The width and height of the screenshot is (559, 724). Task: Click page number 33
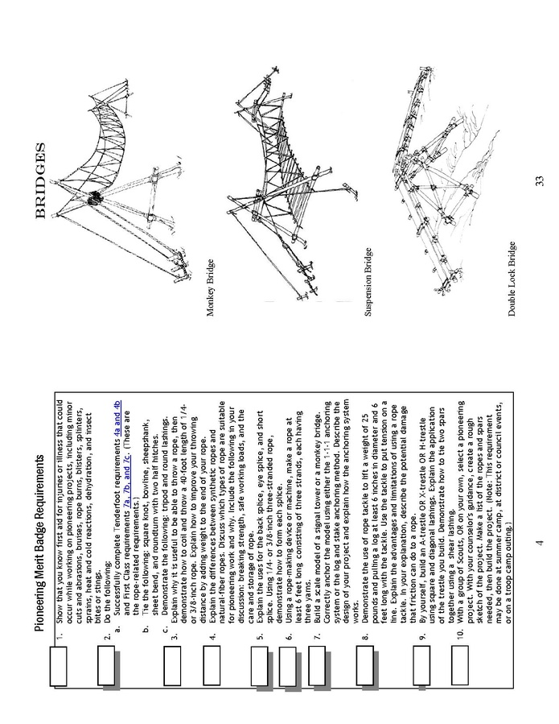pyautogui.click(x=539, y=190)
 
